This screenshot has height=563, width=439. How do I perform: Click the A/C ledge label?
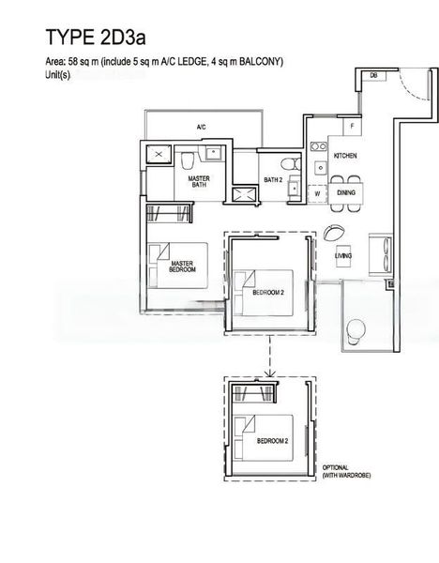[201, 127]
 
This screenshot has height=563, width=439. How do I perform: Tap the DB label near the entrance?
[372, 75]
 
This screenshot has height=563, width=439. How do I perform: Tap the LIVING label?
[343, 255]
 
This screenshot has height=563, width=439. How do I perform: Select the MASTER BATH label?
[198, 181]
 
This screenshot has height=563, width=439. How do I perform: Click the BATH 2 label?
[273, 179]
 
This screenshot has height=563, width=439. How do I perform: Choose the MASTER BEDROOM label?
[182, 267]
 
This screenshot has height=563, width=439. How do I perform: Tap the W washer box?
[317, 194]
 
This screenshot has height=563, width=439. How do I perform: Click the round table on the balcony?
[356, 329]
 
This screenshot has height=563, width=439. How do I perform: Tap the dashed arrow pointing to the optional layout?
[270, 357]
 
